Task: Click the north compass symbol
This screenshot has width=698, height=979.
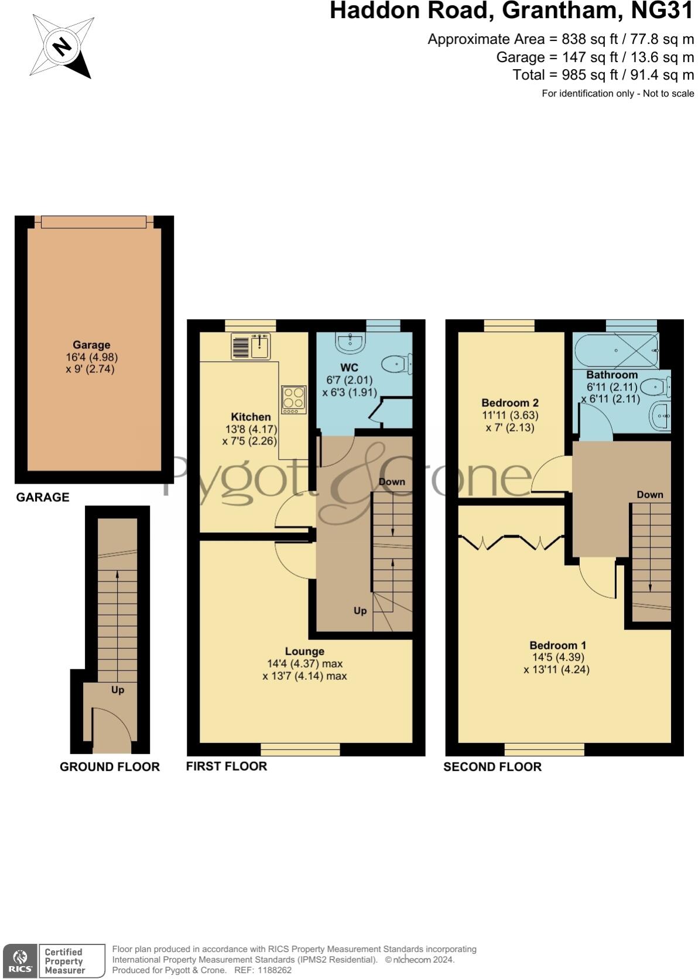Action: pos(61,46)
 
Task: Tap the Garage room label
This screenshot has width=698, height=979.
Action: pos(91,345)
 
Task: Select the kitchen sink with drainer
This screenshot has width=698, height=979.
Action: pos(250,346)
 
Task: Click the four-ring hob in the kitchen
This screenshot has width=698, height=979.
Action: pos(293,399)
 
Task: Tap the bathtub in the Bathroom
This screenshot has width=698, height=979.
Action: pos(616,351)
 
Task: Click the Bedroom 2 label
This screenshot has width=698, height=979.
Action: pos(509,403)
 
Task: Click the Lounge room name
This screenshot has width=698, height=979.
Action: pos(304,651)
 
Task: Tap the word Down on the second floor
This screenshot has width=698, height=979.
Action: pos(650,495)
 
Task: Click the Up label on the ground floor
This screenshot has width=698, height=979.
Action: pos(118,690)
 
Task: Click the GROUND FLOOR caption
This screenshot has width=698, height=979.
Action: pos(110,766)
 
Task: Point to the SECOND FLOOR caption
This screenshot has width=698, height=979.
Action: pos(492,766)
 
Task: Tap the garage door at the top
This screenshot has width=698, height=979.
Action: pos(94,222)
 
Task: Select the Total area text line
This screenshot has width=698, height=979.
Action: pos(603,75)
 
